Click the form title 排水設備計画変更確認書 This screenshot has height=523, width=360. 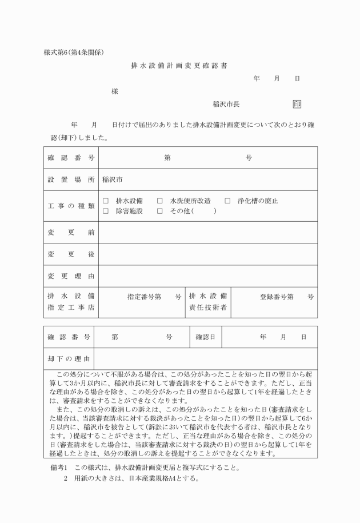tap(179, 66)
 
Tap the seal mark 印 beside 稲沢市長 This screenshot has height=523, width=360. tap(297, 104)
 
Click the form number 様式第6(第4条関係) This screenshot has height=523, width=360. tap(73, 53)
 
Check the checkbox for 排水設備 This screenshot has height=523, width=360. tap(106, 201)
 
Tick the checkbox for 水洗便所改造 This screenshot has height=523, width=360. tap(160, 201)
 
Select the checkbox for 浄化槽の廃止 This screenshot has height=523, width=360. tap(227, 201)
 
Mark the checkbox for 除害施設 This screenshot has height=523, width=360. tap(106, 211)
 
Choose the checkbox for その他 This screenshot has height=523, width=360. tap(160, 211)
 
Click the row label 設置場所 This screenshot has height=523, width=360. tap(71, 179)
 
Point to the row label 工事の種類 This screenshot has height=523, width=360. tap(71, 206)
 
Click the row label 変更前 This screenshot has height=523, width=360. tap(71, 232)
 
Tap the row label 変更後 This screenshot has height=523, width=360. tap(71, 254)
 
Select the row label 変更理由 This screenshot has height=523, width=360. tap(71, 276)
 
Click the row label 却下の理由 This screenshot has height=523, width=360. tap(69, 358)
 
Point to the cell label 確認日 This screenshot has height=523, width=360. tap(205, 337)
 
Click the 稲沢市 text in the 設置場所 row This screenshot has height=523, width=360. tap(113, 179)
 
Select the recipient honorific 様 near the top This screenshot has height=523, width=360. tap(115, 92)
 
